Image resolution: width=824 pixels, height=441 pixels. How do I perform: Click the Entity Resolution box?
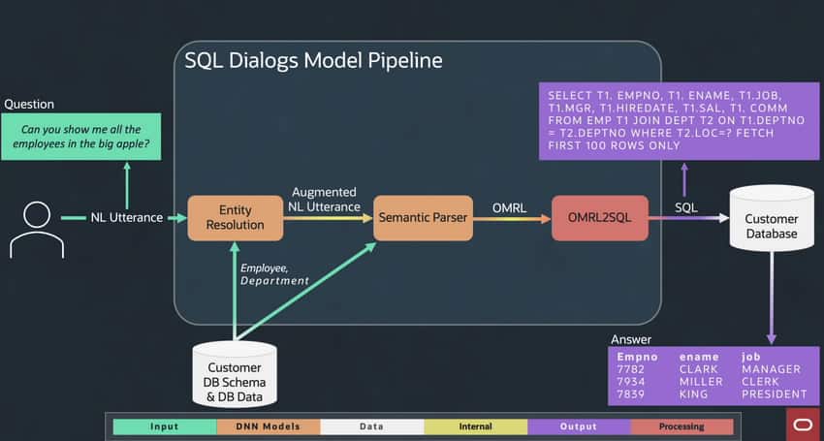click(236, 218)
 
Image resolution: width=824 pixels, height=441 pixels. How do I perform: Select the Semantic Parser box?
click(424, 218)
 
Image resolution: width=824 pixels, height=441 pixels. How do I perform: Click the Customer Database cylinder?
click(772, 224)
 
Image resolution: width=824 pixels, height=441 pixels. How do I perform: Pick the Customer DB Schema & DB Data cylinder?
click(235, 374)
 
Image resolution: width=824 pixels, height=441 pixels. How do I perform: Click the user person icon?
click(36, 229)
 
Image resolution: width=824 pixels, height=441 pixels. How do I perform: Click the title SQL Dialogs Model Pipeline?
click(313, 61)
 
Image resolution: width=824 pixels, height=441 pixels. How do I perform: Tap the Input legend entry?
click(164, 426)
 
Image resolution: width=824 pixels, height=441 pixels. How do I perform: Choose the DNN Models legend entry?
click(268, 426)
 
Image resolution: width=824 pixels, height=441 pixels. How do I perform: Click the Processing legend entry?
click(681, 426)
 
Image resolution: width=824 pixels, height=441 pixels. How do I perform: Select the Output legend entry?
click(579, 426)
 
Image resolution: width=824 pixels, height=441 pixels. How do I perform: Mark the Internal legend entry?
click(475, 426)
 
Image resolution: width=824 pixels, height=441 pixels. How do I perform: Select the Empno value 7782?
click(631, 368)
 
